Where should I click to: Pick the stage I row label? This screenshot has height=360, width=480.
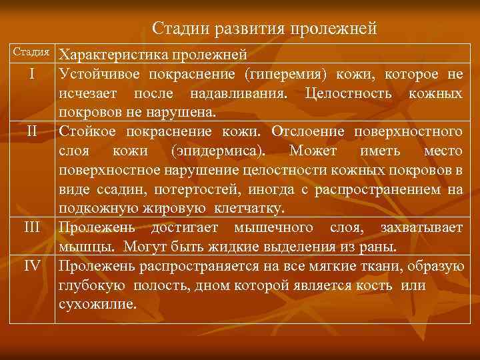[x=32, y=72]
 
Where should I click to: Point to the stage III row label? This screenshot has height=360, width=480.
[x=32, y=227]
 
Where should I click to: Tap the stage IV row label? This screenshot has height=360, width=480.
[x=32, y=266]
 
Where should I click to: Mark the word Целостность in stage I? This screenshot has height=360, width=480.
[x=343, y=91]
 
